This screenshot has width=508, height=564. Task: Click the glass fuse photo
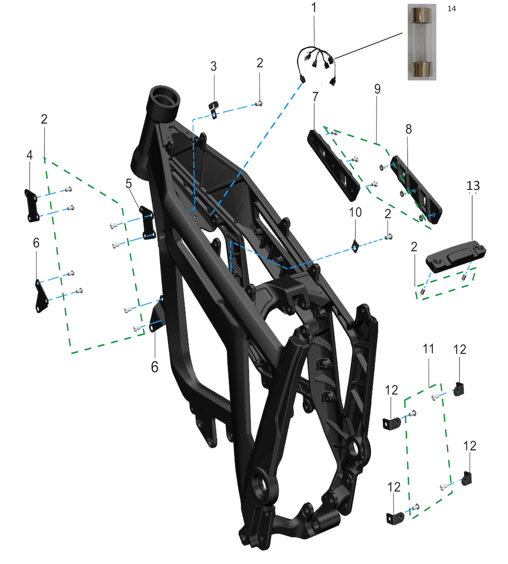tap(422, 42)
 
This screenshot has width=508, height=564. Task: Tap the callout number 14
tap(452, 9)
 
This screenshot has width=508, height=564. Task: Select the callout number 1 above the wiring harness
tap(314, 8)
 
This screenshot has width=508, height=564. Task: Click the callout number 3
tap(213, 66)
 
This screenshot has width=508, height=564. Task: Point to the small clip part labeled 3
tap(213, 109)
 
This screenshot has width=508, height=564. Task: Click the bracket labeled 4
tap(31, 206)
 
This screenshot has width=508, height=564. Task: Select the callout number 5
tap(129, 183)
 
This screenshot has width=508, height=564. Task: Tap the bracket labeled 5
tap(147, 223)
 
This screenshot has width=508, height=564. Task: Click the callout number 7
tap(315, 97)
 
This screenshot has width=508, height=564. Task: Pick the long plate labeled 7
tap(334, 166)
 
